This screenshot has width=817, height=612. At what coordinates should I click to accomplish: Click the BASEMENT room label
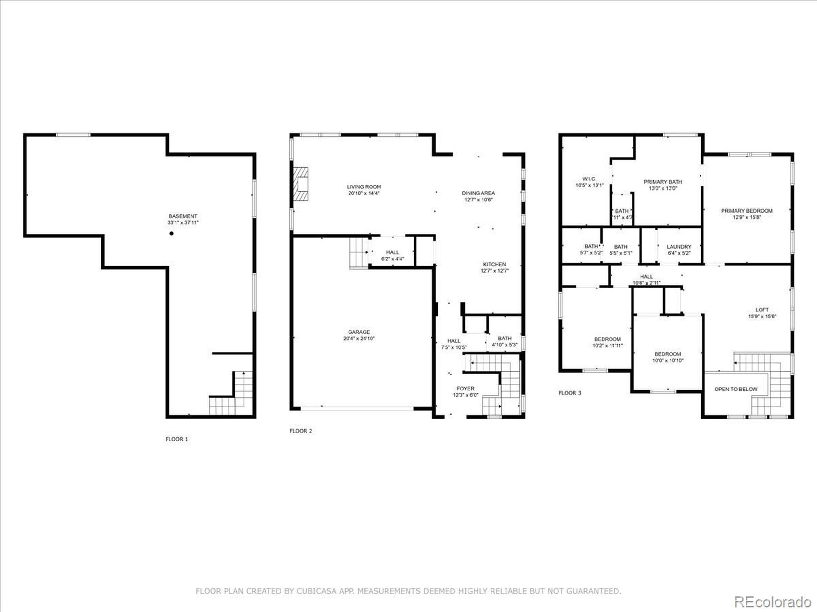(x=183, y=216)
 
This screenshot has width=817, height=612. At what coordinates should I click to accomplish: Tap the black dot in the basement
(x=171, y=234)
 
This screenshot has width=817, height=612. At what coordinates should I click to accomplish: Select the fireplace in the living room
(x=301, y=184)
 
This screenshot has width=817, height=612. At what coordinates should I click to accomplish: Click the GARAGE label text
(x=359, y=332)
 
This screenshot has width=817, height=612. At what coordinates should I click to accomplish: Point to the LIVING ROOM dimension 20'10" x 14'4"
(x=364, y=193)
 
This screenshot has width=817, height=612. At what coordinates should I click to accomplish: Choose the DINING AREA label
(x=478, y=193)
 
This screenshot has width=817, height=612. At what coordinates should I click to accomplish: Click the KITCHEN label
(x=495, y=264)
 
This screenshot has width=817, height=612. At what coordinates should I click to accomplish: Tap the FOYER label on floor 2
(x=465, y=389)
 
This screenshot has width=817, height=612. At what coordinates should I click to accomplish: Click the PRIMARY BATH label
(x=663, y=182)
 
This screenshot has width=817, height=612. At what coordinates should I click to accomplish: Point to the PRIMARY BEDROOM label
(x=747, y=211)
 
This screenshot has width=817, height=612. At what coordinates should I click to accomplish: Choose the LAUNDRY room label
(x=679, y=246)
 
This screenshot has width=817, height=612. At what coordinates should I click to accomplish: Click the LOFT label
(x=762, y=310)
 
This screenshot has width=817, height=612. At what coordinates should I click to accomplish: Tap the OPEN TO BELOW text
(x=736, y=389)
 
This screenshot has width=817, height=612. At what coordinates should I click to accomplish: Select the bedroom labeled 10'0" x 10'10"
(x=668, y=357)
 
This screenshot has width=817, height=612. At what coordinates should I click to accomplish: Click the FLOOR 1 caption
(x=176, y=439)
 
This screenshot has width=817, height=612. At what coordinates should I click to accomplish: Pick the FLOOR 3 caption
(x=570, y=393)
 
